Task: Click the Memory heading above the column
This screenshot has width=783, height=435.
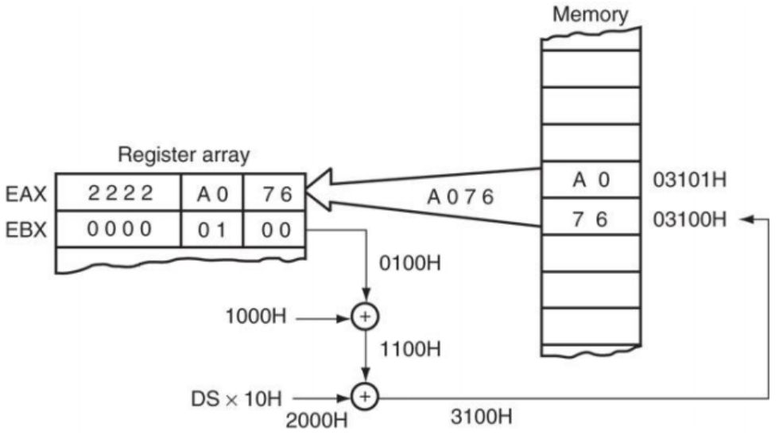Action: (590, 14)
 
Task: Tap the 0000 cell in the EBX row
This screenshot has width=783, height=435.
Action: (119, 230)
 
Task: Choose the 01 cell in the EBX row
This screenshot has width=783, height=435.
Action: (211, 230)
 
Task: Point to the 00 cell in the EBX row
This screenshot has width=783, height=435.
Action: (273, 230)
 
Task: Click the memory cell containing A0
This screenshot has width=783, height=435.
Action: (590, 180)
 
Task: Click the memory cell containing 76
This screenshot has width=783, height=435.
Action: (590, 217)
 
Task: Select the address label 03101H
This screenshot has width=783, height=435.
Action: (688, 180)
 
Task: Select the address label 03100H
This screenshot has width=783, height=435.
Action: (688, 217)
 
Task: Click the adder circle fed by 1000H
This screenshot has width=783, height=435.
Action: (365, 317)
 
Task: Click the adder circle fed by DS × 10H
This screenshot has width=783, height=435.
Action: (365, 395)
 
